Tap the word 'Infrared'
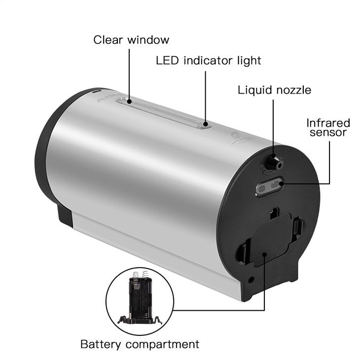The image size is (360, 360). coord(328,123)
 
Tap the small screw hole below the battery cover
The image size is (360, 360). coord(251,280)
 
